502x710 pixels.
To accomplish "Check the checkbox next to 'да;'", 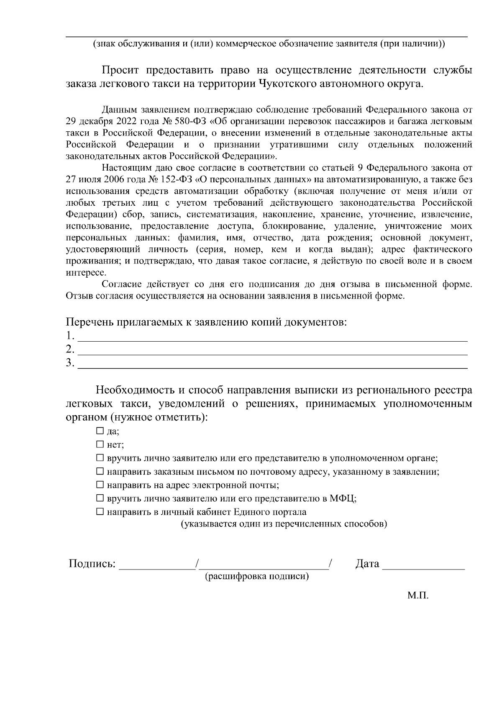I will [x=100, y=430].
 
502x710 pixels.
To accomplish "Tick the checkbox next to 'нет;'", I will [x=100, y=444].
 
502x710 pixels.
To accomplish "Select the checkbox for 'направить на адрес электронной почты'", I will [x=100, y=485].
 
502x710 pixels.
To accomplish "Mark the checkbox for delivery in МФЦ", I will [x=100, y=498].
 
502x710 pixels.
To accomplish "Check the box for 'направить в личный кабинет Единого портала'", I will [x=100, y=511].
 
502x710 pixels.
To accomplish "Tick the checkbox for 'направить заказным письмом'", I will [x=100, y=471].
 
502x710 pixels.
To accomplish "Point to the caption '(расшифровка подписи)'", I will [x=256, y=577].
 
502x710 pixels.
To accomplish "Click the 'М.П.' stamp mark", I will [x=418, y=595].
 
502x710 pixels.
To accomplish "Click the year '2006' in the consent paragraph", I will [x=115, y=180].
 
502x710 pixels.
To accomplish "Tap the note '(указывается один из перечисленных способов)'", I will [x=284, y=524].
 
